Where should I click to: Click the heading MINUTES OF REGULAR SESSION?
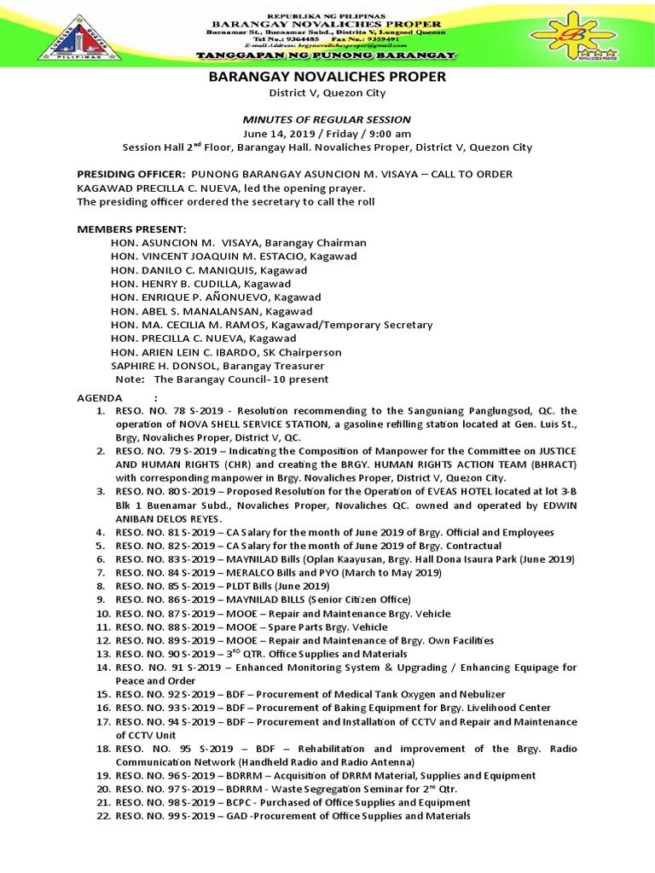pos(327,119)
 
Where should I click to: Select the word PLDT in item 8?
pos(255,587)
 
